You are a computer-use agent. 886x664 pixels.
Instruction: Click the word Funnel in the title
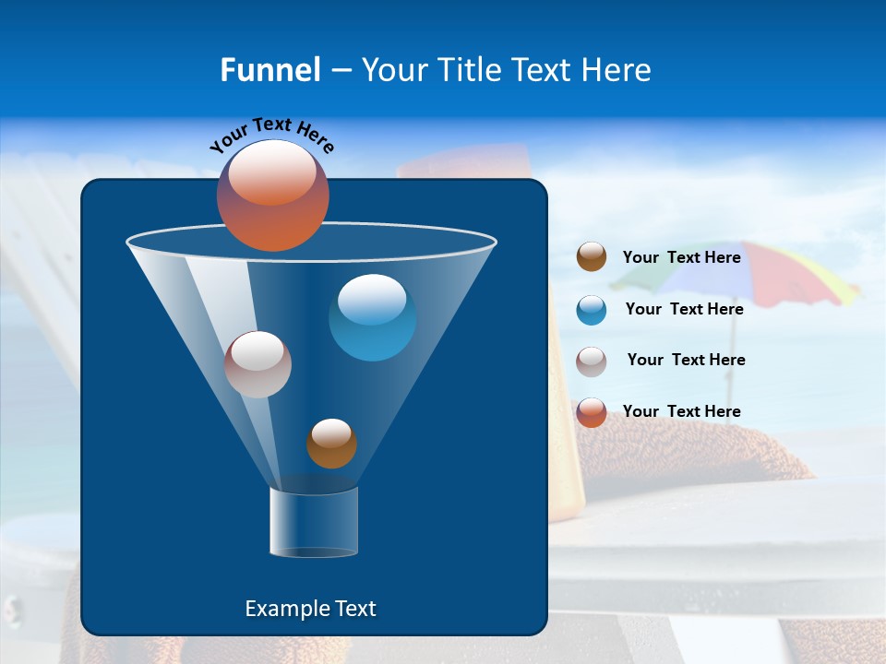coord(269,70)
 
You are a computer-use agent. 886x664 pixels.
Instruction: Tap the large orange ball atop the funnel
coord(273,195)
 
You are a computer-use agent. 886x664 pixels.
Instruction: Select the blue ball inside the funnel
coord(372,317)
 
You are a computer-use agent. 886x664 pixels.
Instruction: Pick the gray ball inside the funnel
coord(257,364)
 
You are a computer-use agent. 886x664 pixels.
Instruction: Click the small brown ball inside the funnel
coord(331,443)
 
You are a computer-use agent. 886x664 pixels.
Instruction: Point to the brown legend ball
coord(592,257)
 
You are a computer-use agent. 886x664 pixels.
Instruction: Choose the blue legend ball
coord(592,309)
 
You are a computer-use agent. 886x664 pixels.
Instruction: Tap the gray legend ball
coord(592,361)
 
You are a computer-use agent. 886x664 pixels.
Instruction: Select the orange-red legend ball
coord(592,412)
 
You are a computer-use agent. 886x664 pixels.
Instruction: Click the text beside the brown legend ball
coord(681,257)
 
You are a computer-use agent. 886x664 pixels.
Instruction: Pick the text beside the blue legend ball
coord(684,309)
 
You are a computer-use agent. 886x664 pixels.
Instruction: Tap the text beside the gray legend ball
coord(686,360)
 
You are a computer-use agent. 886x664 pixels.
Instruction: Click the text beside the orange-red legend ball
coord(681,411)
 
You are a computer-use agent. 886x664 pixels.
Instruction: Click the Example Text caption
coord(311,609)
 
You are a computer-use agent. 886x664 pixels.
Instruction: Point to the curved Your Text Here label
coord(271,134)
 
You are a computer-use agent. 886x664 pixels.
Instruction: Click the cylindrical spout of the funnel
coord(314,522)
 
